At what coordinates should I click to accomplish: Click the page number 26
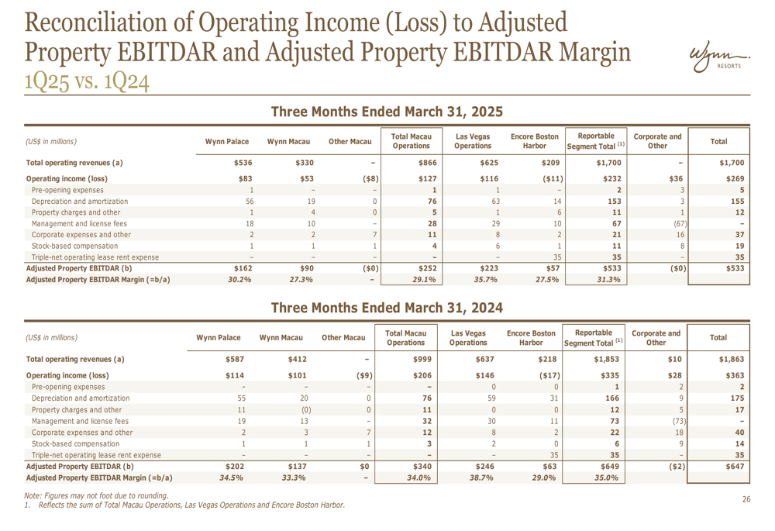(746, 499)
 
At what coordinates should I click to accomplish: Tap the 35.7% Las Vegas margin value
(485, 280)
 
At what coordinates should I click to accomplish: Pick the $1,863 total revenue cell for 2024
(732, 360)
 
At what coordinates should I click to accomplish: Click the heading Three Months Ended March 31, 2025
(387, 112)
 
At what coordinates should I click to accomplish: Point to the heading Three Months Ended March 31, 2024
(387, 308)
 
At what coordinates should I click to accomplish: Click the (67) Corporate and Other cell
(680, 223)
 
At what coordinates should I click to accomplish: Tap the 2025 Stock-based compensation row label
(74, 247)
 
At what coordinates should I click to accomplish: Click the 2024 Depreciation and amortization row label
(81, 398)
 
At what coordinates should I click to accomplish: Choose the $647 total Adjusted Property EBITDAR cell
(735, 466)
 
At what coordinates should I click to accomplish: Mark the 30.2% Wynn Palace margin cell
(239, 280)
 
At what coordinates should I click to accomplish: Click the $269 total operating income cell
(735, 178)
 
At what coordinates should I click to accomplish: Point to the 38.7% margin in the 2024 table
(481, 478)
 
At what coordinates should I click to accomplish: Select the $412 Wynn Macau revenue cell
(298, 360)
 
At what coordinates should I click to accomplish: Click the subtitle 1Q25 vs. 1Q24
(87, 82)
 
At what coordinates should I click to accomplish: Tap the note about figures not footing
(96, 495)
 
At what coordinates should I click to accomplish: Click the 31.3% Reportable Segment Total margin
(608, 280)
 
